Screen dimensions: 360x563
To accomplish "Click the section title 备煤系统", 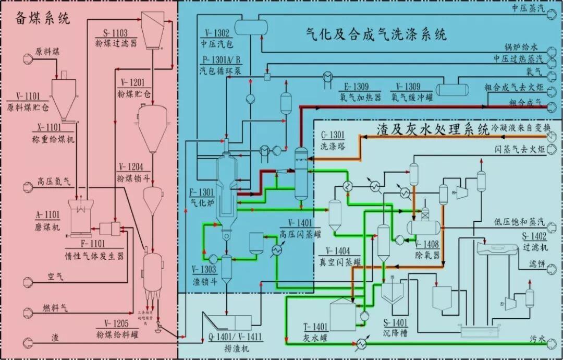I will click(42, 18).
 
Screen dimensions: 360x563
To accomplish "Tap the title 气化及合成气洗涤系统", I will click(375, 35).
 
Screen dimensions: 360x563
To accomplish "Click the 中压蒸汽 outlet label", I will click(527, 8).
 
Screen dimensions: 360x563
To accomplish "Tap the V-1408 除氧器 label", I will click(429, 250).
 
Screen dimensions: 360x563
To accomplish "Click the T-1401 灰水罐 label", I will click(315, 332).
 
